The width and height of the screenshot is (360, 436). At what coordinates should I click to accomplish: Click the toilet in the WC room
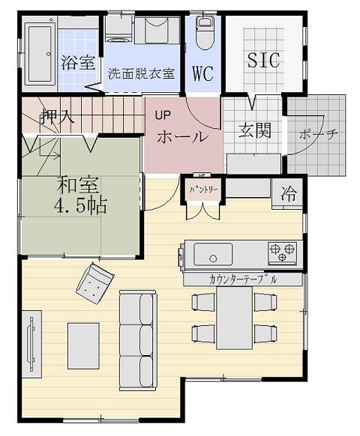coord(205,33)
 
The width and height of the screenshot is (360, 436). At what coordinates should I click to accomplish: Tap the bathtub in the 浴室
coord(40,54)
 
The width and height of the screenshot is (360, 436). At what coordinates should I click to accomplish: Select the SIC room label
coord(263,60)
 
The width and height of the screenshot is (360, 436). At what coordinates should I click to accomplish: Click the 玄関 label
coord(255,130)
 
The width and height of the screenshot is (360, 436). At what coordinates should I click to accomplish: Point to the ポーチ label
coord(319,135)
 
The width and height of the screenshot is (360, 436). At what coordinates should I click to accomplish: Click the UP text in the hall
coord(163,115)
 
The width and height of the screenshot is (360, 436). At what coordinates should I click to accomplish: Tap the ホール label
coord(183,137)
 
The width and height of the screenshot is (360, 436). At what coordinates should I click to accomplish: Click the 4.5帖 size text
coord(80,206)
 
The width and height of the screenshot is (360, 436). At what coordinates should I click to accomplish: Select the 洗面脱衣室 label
coord(141,73)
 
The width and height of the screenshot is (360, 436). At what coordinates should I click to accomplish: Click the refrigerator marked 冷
coord(288,194)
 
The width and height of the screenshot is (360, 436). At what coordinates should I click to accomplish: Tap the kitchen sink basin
coord(213,254)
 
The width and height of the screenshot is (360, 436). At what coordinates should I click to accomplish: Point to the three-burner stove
coord(282,253)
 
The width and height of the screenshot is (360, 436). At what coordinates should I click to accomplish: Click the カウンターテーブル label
coord(243,279)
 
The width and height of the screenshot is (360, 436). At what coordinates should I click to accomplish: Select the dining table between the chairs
coord(235,318)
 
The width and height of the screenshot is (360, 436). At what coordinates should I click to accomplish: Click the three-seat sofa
coord(138,341)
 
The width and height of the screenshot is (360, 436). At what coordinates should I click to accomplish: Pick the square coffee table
coord(83,346)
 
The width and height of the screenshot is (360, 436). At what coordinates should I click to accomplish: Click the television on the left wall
coord(31,344)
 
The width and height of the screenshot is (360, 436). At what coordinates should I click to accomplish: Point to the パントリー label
coord(203,190)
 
